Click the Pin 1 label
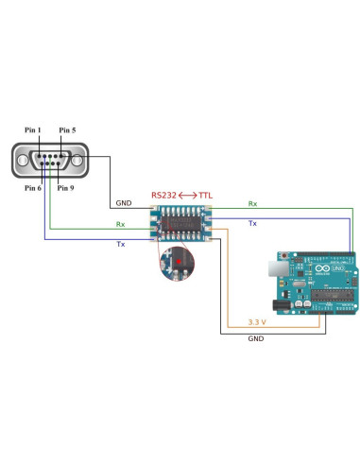point(32,129)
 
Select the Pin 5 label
point(67,129)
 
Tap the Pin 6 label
point(32,188)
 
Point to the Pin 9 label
point(65,188)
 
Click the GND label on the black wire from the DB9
point(123,202)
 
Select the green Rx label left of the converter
point(120,224)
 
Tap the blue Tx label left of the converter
point(120,244)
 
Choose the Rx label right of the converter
point(252,202)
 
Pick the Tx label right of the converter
point(252,223)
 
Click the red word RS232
point(163,196)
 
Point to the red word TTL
point(205,196)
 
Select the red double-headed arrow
point(187,196)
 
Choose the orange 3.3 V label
point(256,321)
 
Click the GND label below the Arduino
point(255,337)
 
